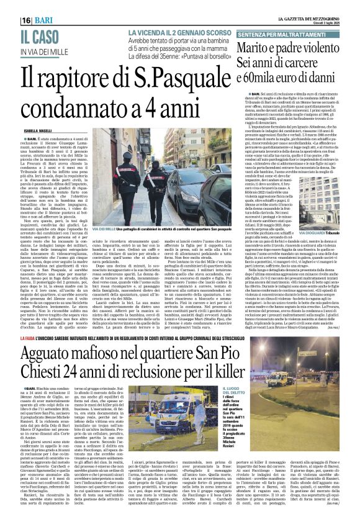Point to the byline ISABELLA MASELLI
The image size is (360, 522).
pyautogui.click(x=25, y=131)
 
